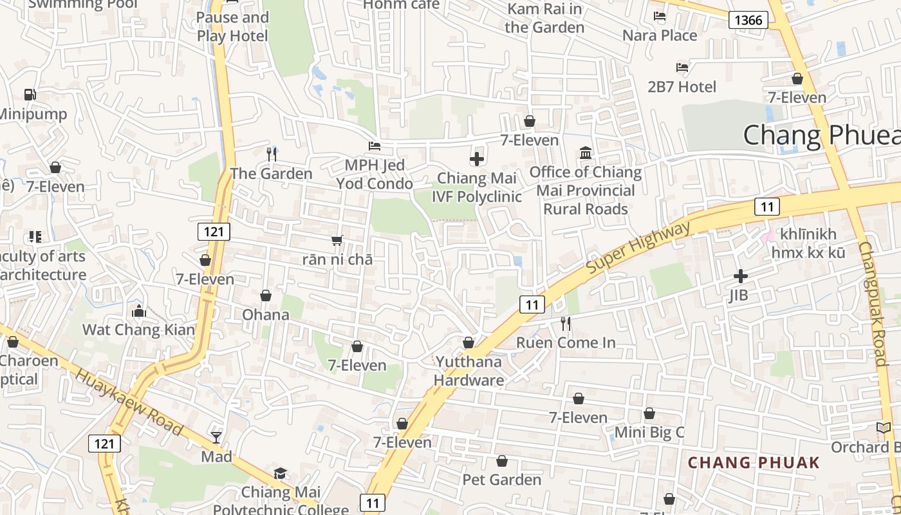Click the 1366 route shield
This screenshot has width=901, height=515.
click(x=748, y=20)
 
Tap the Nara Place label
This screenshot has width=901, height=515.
click(x=660, y=35)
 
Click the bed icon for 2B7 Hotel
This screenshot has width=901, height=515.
click(x=682, y=68)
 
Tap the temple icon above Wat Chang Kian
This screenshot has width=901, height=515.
click(x=138, y=312)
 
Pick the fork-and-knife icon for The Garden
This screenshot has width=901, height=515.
click(x=272, y=154)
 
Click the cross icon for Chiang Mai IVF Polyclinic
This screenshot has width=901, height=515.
click(x=477, y=158)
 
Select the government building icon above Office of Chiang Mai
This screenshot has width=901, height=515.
click(x=586, y=153)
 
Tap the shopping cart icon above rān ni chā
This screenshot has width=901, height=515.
click(x=337, y=241)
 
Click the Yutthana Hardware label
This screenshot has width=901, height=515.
click(x=469, y=371)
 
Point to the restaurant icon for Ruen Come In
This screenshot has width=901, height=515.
click(x=566, y=324)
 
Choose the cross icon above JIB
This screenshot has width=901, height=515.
click(x=741, y=276)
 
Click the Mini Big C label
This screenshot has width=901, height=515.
click(x=649, y=432)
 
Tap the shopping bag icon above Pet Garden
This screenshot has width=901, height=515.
click(x=502, y=461)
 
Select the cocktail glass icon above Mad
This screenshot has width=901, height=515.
click(x=216, y=438)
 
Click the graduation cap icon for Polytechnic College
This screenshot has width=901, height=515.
click(x=280, y=474)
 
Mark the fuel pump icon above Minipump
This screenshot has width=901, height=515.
click(x=30, y=95)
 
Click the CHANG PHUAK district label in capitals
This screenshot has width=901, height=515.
click(x=754, y=462)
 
